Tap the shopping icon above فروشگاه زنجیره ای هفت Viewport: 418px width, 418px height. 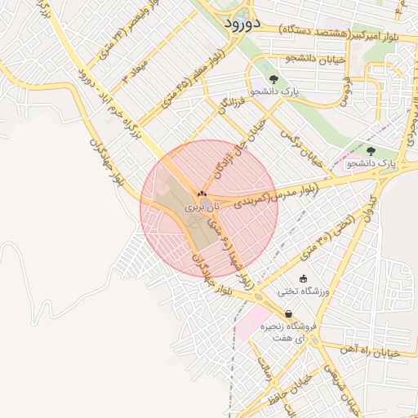coord(289,314)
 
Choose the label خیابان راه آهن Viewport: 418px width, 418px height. coord(390,352)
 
